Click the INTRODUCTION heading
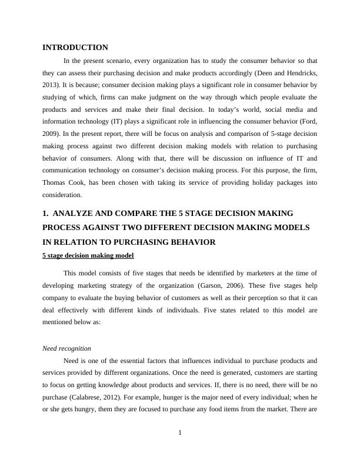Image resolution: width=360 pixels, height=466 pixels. (x=75, y=47)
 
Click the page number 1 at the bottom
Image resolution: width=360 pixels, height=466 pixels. (x=180, y=434)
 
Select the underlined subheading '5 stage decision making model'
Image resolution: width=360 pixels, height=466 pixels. (x=88, y=255)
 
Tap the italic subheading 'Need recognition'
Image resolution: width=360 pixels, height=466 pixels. (x=67, y=348)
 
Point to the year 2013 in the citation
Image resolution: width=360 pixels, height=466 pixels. (x=51, y=85)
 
